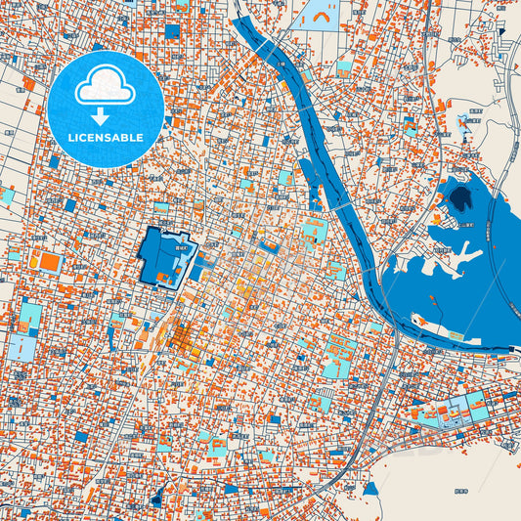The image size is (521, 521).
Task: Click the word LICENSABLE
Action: [106, 138]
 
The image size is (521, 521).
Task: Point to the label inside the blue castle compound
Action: [179, 250]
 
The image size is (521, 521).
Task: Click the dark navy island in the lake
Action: [459, 199]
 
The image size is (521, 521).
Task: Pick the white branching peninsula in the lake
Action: [445, 258]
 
